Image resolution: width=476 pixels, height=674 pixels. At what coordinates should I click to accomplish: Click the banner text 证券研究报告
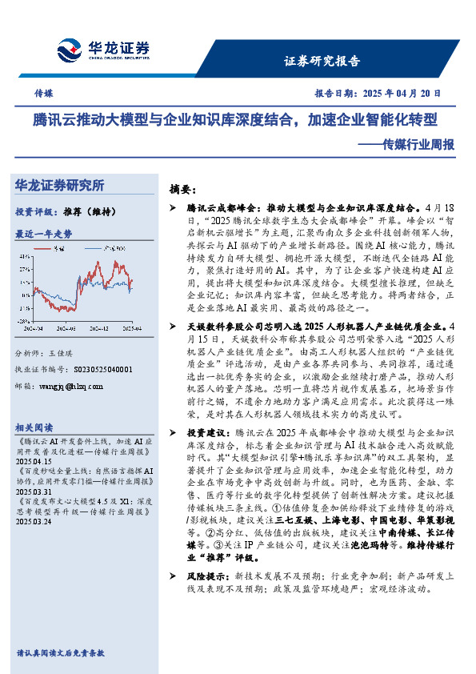pos(322,61)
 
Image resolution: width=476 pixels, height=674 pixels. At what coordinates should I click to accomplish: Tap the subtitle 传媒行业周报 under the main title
pos(418,145)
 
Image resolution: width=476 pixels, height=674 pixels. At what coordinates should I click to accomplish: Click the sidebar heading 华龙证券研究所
pos(60,185)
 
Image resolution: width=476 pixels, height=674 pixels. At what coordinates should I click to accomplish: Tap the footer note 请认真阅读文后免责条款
pos(60,653)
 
